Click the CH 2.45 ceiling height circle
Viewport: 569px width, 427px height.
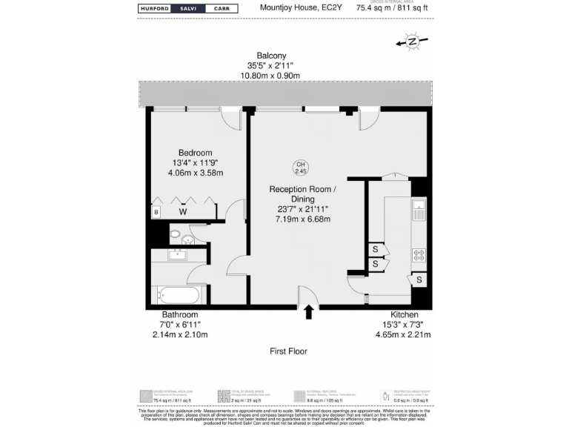(300, 168)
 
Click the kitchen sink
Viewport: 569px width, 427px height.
(419, 209)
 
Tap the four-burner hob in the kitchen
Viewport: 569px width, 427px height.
(419, 254)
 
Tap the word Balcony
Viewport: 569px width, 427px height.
(271, 56)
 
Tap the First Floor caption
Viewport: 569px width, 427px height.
(289, 351)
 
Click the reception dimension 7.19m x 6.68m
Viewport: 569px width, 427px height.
(302, 219)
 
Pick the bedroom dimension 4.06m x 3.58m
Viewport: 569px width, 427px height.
(196, 173)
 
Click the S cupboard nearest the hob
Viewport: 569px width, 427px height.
(420, 279)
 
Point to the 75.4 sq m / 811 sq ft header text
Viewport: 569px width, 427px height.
(392, 10)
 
